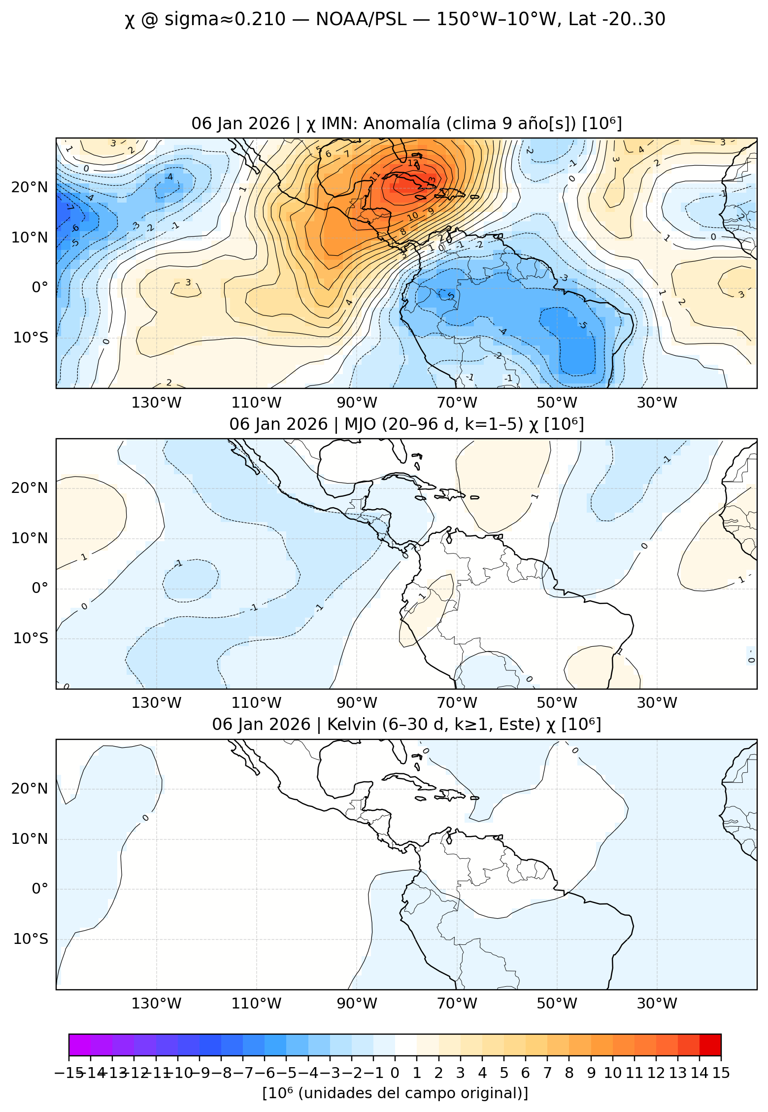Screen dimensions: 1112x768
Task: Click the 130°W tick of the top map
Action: (x=156, y=403)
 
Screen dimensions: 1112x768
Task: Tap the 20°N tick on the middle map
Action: (x=30, y=488)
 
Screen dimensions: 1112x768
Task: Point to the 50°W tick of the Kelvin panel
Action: (x=557, y=1004)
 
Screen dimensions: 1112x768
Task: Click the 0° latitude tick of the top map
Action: (x=40, y=287)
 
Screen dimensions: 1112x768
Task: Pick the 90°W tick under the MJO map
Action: (x=357, y=703)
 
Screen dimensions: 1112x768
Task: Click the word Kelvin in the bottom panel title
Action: (x=348, y=725)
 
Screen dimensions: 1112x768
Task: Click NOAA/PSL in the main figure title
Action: (x=361, y=20)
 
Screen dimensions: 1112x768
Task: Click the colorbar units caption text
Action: (x=395, y=1093)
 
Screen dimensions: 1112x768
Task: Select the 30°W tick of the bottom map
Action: (x=657, y=1004)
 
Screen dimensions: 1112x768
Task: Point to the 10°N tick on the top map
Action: (x=30, y=238)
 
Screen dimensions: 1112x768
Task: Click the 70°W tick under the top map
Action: (x=457, y=403)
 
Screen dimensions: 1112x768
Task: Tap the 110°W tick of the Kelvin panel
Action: (x=256, y=1004)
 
